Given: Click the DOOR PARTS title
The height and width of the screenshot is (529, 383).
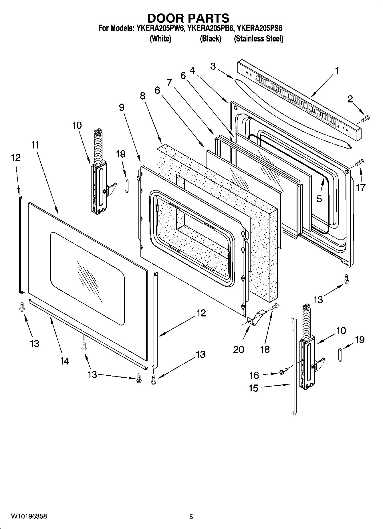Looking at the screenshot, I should tap(188, 18).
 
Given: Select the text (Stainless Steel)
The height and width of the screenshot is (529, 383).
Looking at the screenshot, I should tap(259, 39).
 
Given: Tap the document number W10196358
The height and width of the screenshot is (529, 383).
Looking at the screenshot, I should tap(29, 516).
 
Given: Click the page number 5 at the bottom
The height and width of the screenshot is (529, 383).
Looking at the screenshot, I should tap(191, 517).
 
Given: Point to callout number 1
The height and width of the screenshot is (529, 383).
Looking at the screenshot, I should tap(337, 71).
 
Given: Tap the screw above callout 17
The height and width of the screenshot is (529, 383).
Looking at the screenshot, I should tap(360, 163).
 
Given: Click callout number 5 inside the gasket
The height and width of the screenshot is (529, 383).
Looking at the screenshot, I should tap(319, 199).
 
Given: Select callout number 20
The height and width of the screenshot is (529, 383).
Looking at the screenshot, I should tap(239, 349).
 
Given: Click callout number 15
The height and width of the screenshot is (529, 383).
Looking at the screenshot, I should tap(253, 388).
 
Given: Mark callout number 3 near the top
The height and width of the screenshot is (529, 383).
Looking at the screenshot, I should tap(213, 66).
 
